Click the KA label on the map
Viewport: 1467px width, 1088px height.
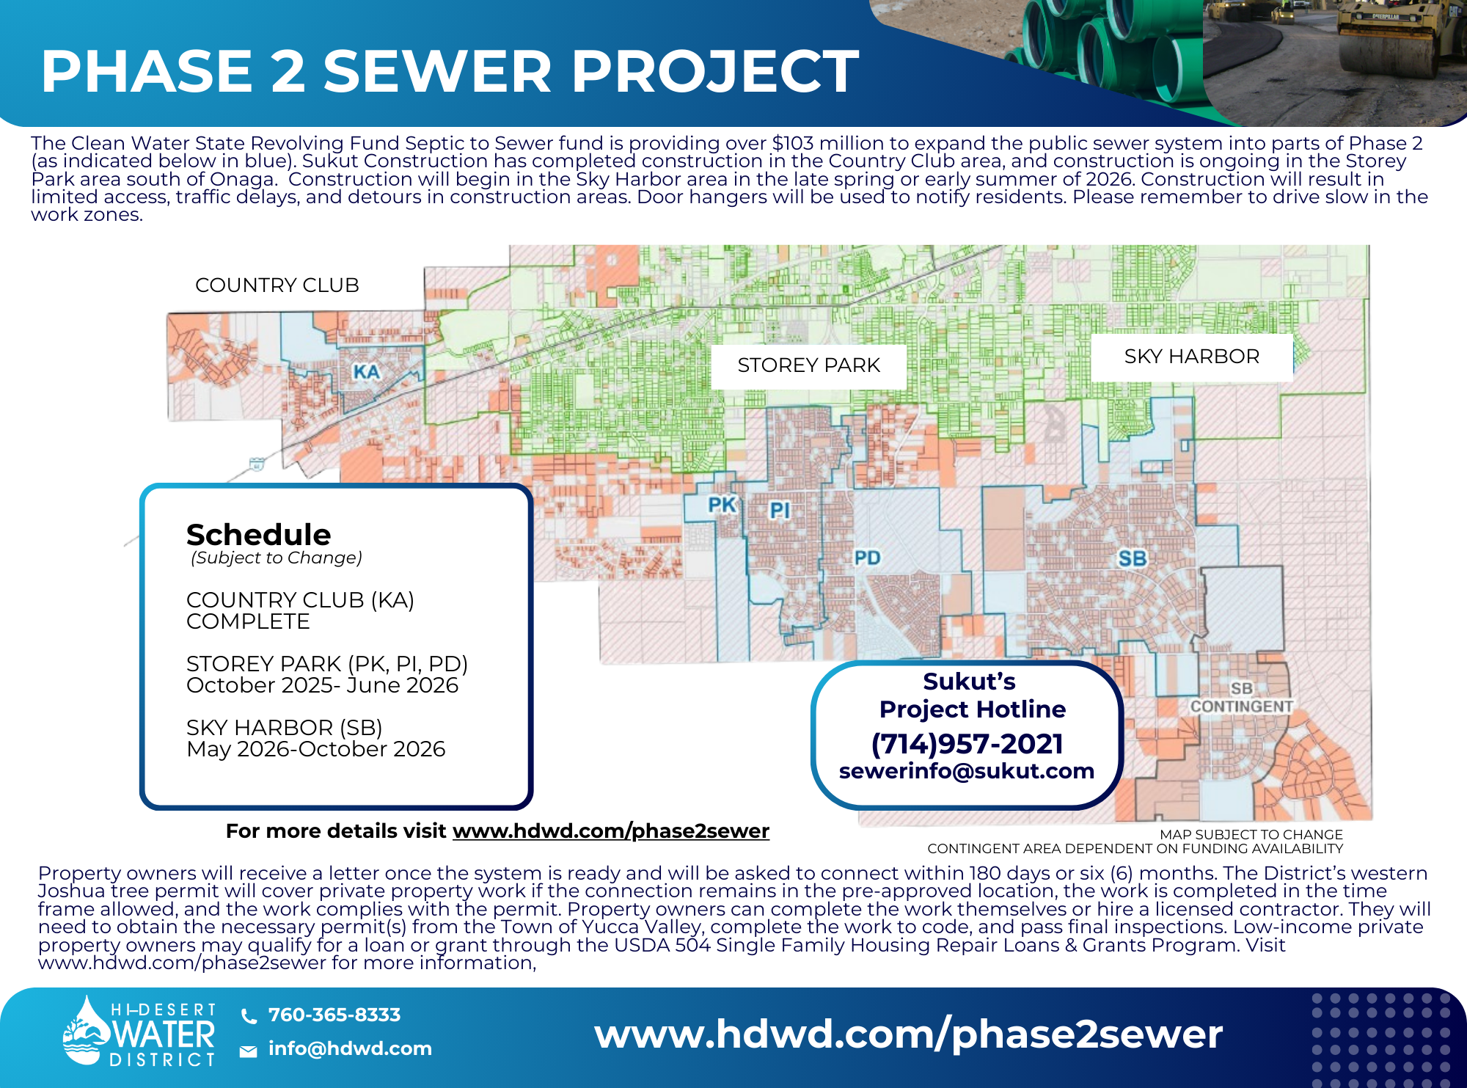tap(366, 372)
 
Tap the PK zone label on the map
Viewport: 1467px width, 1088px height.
tap(722, 505)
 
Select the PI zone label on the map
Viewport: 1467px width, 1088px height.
tap(780, 510)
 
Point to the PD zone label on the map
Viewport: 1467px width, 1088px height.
tap(867, 558)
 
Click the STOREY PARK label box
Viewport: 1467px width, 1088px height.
tap(808, 365)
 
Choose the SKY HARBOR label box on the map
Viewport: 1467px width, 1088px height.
tap(1191, 357)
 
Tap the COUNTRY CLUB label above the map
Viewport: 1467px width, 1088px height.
tap(277, 285)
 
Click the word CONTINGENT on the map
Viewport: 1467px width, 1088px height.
tap(1241, 706)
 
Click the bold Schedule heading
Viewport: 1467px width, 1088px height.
tap(258, 535)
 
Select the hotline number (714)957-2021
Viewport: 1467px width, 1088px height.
tap(967, 744)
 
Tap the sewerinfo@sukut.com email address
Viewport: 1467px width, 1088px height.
tap(967, 771)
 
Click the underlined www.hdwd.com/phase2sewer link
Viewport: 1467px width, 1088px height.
tap(611, 831)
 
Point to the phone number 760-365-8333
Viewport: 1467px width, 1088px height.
tap(334, 1015)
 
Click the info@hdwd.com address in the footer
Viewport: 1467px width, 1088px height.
tap(350, 1049)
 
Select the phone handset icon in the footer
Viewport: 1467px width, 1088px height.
tap(249, 1016)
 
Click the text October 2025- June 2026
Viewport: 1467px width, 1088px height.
tap(322, 685)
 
